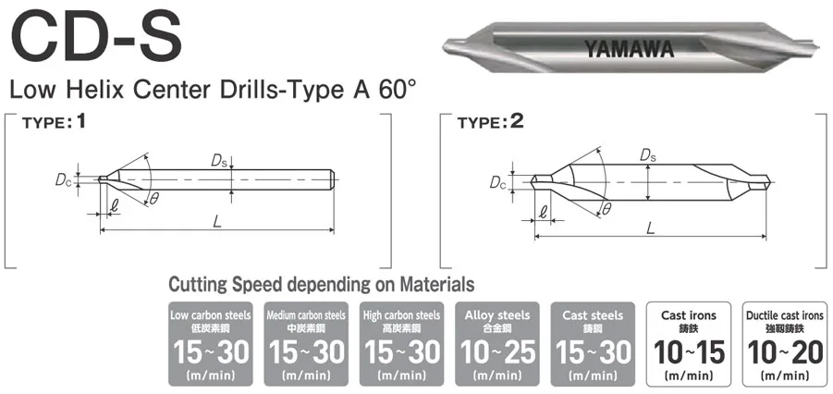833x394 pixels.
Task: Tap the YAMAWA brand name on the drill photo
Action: pyautogui.click(x=629, y=49)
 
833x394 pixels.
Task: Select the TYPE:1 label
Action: pyautogui.click(x=54, y=123)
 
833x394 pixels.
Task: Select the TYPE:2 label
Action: pyautogui.click(x=490, y=123)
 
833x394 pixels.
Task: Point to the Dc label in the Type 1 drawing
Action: pyautogui.click(x=63, y=179)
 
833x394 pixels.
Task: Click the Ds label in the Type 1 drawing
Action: pyautogui.click(x=219, y=161)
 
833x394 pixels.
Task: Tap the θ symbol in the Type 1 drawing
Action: pyautogui.click(x=153, y=199)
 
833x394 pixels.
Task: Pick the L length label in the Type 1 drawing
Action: pyautogui.click(x=216, y=222)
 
